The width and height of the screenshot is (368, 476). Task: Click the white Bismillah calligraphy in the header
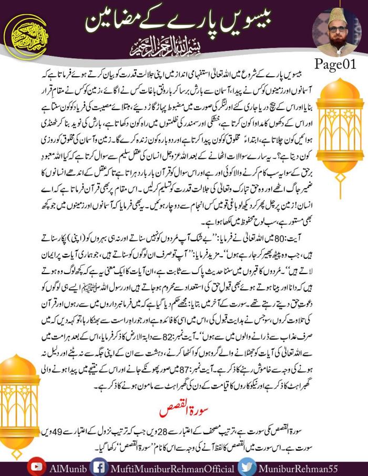[x=183, y=52]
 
